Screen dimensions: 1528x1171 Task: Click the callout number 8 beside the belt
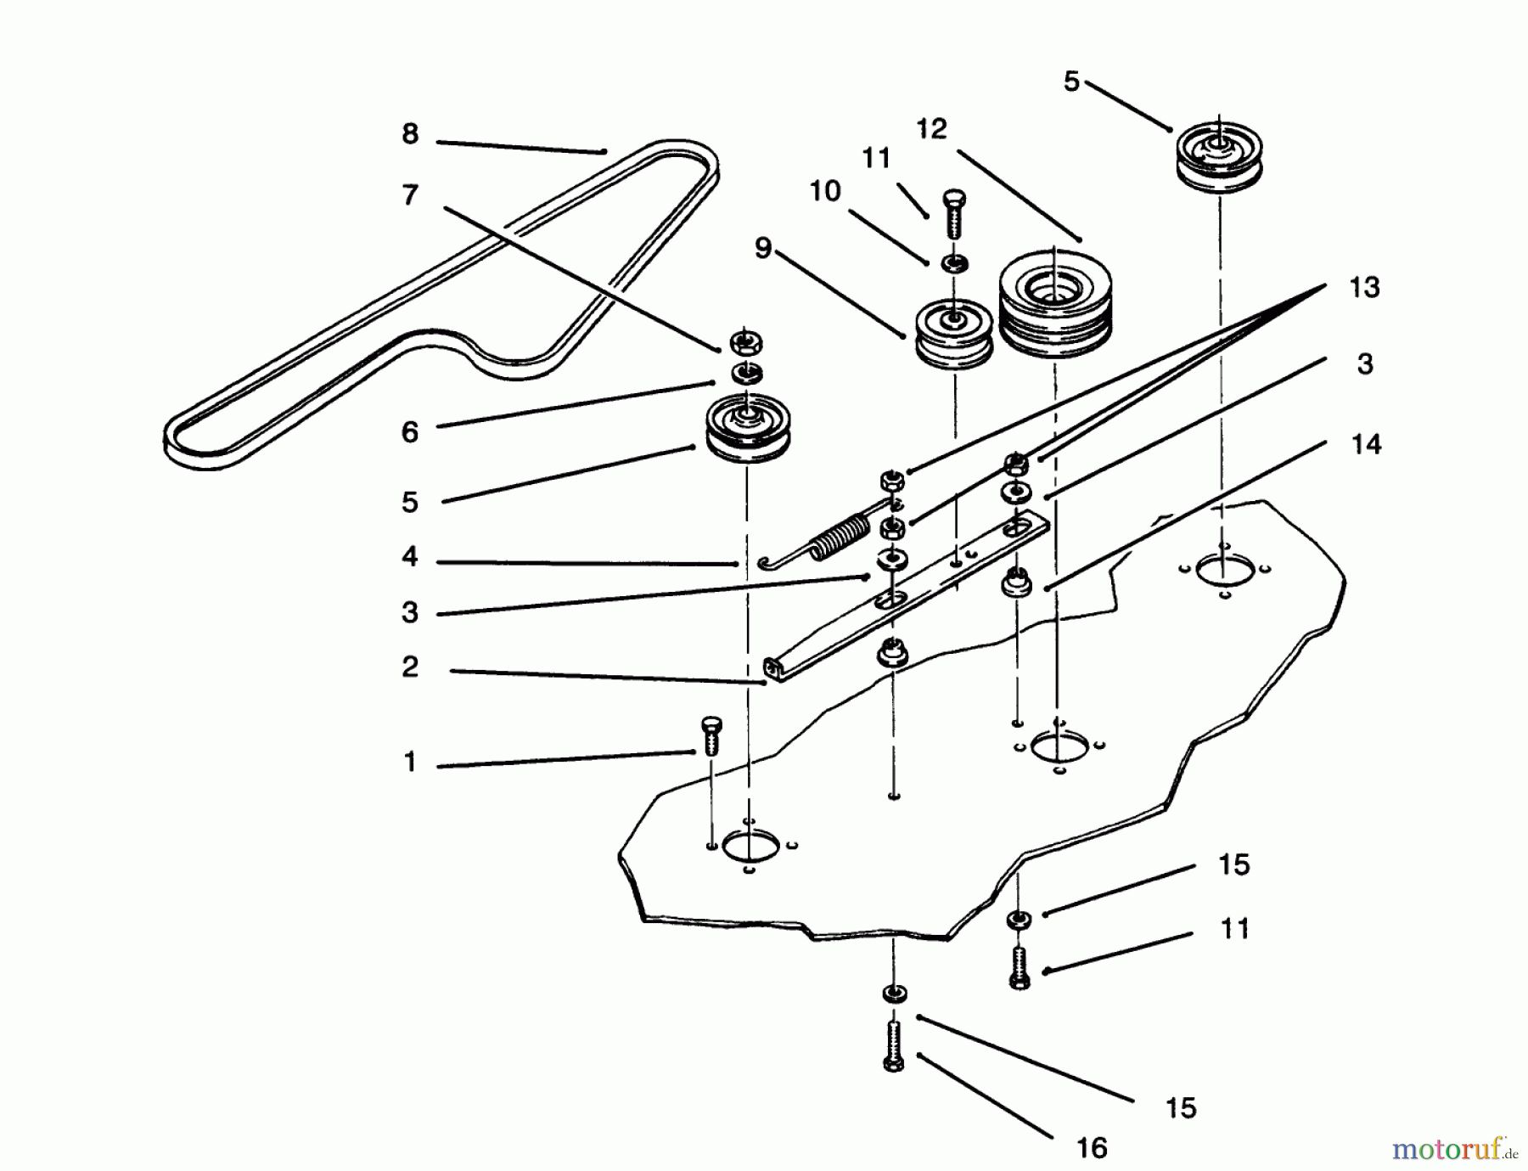pos(410,134)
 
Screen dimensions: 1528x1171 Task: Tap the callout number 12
pos(931,129)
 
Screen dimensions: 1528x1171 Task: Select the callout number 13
pos(1364,288)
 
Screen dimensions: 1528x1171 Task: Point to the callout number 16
pos(1092,1148)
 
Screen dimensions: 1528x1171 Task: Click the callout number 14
pos(1366,444)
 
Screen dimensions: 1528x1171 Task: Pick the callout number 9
pos(763,249)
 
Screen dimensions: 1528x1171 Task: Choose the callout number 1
pos(410,762)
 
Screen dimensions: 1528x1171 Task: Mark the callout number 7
pos(410,195)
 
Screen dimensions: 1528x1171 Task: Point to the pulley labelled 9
pos(953,335)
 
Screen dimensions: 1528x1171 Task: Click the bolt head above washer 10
pos(953,213)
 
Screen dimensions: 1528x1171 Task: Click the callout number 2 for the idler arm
pos(410,667)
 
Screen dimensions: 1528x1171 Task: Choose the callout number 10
pos(824,192)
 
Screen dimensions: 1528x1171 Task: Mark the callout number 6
pos(410,432)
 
